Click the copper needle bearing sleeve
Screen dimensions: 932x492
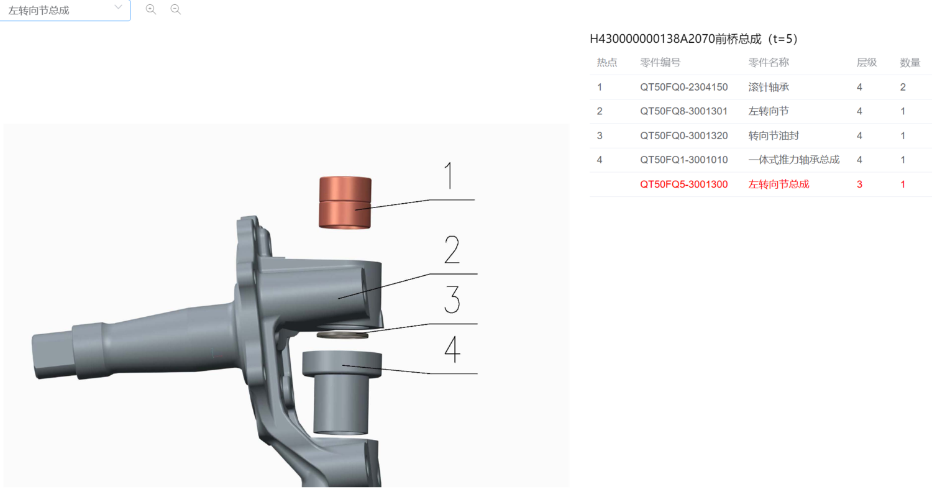click(345, 203)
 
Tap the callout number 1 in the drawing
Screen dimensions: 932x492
click(449, 176)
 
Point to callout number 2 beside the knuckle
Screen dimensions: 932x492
click(452, 250)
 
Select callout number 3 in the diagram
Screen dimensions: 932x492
click(452, 299)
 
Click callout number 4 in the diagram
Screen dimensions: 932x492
click(452, 349)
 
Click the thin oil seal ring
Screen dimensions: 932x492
click(342, 335)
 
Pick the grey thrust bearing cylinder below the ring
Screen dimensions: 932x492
click(342, 393)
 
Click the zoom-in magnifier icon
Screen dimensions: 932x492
click(151, 9)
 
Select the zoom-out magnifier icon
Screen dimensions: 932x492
click(176, 9)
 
